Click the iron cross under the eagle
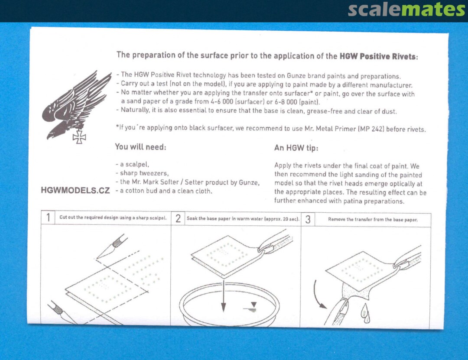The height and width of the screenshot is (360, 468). coord(79,137)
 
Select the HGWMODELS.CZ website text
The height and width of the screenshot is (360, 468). coord(75,191)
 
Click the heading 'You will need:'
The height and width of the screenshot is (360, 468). coord(140,147)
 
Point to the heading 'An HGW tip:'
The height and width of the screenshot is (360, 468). coord(296,148)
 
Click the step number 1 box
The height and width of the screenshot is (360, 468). coord(48,217)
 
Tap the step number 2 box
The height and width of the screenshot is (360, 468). coord(178,218)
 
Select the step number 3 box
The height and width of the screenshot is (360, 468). coord(308,220)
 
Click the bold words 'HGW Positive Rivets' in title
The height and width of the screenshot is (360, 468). coord(377,56)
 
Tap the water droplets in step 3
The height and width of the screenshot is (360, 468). coord(365,313)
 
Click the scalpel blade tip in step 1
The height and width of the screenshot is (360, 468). coord(97,259)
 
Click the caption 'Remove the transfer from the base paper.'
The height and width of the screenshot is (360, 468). coord(373,220)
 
